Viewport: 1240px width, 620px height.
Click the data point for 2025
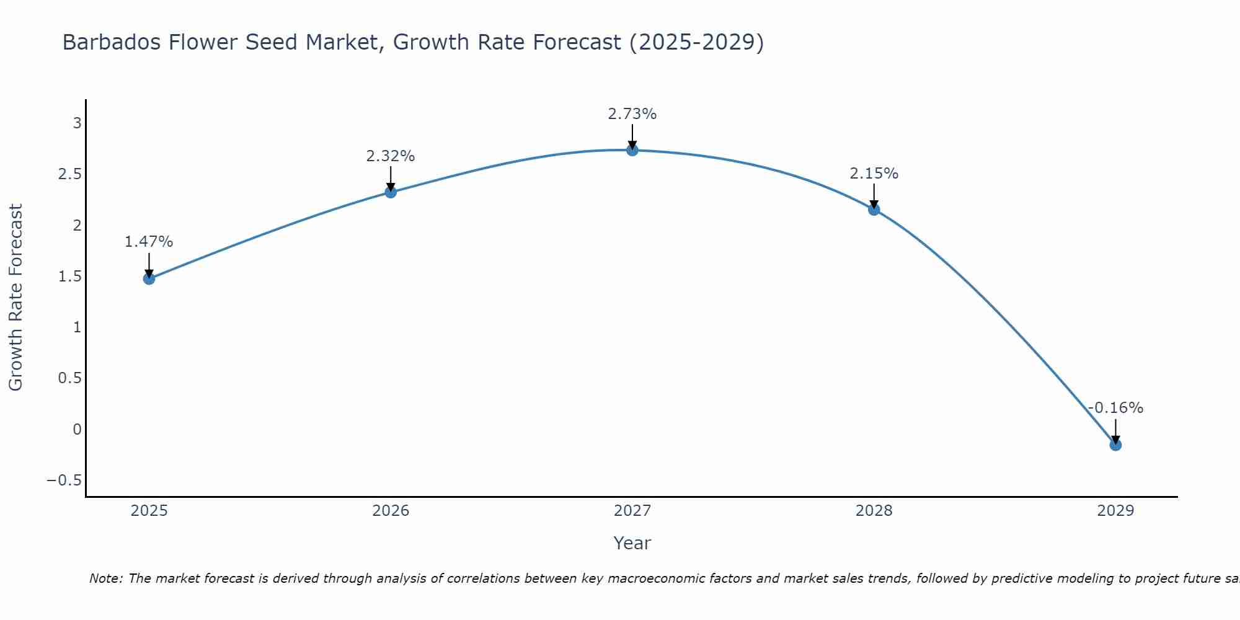[149, 278]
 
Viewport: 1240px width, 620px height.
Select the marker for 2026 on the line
[391, 192]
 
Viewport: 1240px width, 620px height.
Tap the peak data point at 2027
[632, 150]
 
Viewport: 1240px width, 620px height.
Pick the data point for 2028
[874, 210]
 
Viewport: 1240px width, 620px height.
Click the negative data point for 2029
[1115, 445]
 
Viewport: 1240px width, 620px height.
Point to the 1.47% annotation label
[149, 242]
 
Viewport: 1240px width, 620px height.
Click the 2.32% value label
[391, 156]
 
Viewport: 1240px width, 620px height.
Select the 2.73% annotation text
[632, 114]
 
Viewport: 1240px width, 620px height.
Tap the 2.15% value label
[874, 174]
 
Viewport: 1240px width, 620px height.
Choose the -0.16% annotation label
[1115, 408]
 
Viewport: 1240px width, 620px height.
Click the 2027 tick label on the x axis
[632, 511]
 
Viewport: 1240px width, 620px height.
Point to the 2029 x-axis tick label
[1115, 511]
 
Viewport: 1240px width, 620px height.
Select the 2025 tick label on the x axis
[149, 511]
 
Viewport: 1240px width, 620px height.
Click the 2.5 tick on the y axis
[70, 174]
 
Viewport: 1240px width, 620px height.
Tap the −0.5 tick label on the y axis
[64, 480]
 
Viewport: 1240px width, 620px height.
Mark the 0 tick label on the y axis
[77, 429]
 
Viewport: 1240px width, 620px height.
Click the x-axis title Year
[632, 544]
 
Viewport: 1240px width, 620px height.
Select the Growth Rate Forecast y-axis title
[16, 298]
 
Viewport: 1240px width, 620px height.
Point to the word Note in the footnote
[105, 579]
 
